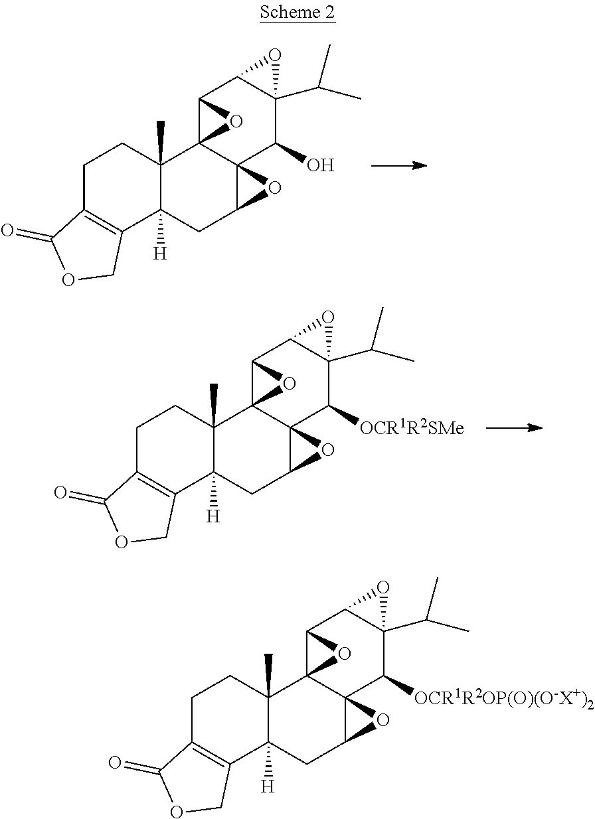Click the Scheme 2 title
(297, 13)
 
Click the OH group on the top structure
(321, 165)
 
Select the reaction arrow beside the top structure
(398, 165)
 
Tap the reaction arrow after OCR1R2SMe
(514, 428)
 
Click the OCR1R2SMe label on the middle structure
(411, 429)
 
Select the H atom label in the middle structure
(212, 516)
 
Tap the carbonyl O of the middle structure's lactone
(60, 492)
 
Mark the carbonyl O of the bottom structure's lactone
(115, 763)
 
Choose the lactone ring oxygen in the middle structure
(121, 544)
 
